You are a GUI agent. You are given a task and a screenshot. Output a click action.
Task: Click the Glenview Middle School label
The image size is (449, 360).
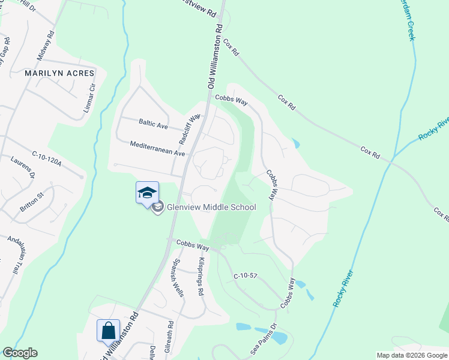click(211, 208)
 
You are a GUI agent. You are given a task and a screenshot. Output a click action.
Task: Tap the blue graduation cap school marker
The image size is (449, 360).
click(147, 193)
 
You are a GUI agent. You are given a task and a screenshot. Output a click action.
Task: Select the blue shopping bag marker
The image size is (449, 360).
click(109, 331)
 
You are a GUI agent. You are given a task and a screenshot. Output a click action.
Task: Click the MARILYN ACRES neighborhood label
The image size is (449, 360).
click(59, 73)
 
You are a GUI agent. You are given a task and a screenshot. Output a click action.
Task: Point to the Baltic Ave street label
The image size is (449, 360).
click(153, 125)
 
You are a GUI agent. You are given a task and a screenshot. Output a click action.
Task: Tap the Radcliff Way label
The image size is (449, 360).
click(188, 129)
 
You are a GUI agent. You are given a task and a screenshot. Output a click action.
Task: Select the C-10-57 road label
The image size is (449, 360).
click(246, 275)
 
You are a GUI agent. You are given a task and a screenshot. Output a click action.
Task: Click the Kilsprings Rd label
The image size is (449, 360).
click(200, 277)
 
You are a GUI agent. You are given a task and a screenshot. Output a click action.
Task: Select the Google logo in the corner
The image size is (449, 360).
click(20, 353)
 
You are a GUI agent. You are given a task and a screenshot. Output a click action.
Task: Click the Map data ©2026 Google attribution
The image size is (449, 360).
click(411, 355)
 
